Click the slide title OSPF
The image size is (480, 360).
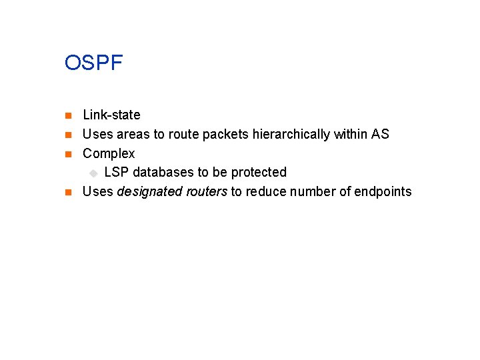(x=94, y=63)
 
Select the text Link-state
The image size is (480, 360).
(x=111, y=115)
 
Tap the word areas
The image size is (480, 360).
(x=133, y=135)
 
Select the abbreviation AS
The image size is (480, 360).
(x=380, y=135)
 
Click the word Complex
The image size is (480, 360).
(x=109, y=154)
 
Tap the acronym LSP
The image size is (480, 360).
(x=117, y=173)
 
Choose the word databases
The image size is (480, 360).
(x=163, y=173)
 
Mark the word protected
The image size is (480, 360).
(x=259, y=173)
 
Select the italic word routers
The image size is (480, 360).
(x=205, y=192)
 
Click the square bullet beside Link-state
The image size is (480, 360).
(x=67, y=116)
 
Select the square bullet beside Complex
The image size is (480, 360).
(x=67, y=155)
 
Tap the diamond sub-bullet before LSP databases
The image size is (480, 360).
(x=94, y=173)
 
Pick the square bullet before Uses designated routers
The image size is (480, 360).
(x=67, y=193)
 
